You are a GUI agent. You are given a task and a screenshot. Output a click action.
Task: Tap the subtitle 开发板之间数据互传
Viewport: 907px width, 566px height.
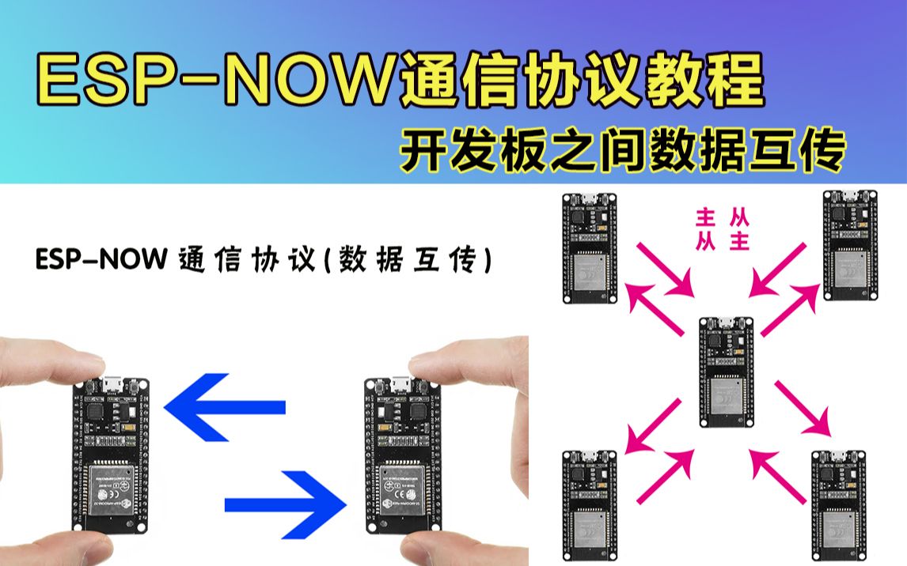coord(622,150)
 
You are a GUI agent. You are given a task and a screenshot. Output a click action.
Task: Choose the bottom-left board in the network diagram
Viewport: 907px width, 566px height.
coord(590,506)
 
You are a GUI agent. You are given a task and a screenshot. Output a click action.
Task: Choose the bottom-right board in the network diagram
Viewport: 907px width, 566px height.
coord(839,506)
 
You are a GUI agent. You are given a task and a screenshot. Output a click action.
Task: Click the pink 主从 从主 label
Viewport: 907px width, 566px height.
coord(722,229)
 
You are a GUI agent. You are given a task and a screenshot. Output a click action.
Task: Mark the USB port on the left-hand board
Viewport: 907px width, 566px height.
coord(110,386)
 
